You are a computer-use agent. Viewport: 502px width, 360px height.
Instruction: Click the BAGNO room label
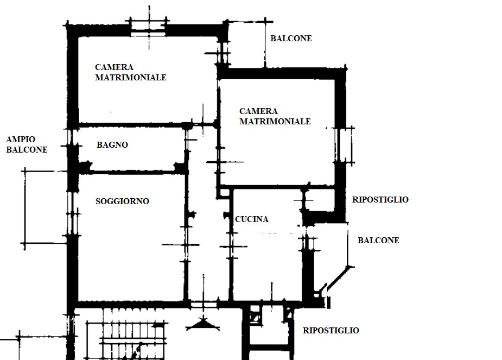(x=112, y=145)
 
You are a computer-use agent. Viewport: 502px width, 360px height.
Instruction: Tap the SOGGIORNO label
(x=122, y=201)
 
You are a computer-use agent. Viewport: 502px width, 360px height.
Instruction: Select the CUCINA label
(x=252, y=219)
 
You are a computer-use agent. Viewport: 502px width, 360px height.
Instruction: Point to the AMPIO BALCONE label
(x=27, y=144)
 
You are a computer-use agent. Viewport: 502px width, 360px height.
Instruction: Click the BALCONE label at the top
(x=291, y=39)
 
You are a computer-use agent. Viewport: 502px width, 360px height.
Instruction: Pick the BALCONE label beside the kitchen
(x=378, y=240)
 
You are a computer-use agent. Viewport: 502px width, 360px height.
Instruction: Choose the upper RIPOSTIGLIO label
(x=380, y=199)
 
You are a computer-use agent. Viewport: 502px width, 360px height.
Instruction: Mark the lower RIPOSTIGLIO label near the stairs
(x=331, y=330)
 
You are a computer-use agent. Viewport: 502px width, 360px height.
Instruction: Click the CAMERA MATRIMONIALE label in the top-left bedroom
(x=131, y=72)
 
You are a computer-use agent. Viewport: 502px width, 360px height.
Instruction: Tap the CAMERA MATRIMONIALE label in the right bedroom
(x=275, y=116)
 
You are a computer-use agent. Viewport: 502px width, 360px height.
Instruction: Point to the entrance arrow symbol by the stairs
(x=202, y=324)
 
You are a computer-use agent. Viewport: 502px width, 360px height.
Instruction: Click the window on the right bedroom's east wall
(x=344, y=145)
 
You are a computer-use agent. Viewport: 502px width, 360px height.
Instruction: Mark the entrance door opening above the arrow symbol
(x=204, y=304)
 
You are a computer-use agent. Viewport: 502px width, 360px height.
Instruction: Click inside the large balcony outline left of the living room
(x=46, y=207)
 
